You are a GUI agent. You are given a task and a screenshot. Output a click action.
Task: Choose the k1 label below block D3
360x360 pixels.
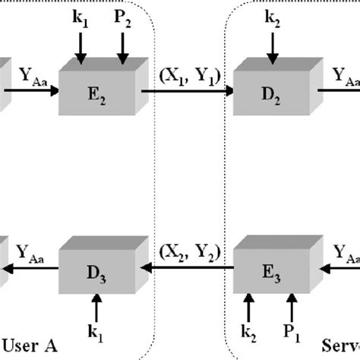pos(95,331)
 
